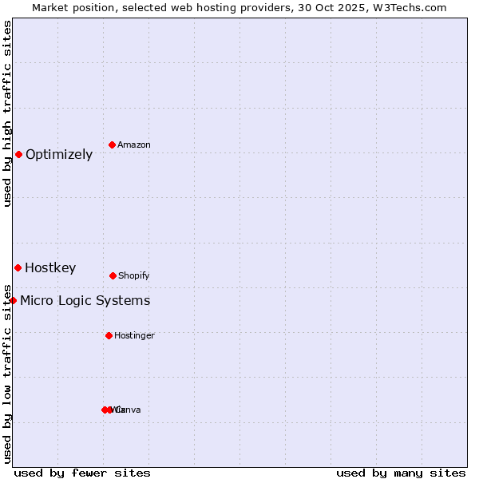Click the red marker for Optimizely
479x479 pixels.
pyautogui.click(x=18, y=154)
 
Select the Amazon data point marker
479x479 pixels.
pyautogui.click(x=113, y=144)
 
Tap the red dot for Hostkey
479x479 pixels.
pyautogui.click(x=18, y=267)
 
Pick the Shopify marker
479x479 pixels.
pyautogui.click(x=113, y=275)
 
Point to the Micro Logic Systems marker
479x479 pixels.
pyautogui.click(x=14, y=300)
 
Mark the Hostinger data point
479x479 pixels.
pyautogui.click(x=109, y=335)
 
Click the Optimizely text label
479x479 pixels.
pyautogui.click(x=59, y=155)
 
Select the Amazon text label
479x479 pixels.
pyautogui.click(x=134, y=145)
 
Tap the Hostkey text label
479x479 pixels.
pyautogui.click(x=50, y=268)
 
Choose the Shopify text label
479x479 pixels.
pyautogui.click(x=134, y=276)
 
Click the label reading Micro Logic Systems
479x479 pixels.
pyautogui.click(x=85, y=301)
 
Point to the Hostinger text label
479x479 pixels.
pyautogui.click(x=134, y=336)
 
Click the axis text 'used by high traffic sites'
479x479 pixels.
pyautogui.click(x=8, y=113)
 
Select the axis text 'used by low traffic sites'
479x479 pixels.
pyautogui.click(x=8, y=373)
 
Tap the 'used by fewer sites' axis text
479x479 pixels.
pyautogui.click(x=82, y=473)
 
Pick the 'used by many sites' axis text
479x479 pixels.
pyautogui.click(x=401, y=473)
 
